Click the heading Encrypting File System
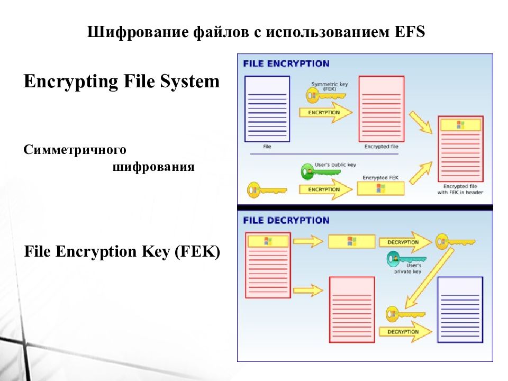(121, 81)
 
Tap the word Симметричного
(75, 150)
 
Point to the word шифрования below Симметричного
(154, 167)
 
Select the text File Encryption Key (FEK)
(122, 252)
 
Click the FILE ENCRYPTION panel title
(286, 63)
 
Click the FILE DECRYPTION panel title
(286, 220)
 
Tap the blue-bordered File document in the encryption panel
(267, 108)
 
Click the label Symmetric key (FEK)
(326, 86)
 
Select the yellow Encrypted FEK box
(380, 188)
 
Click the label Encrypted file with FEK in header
(460, 189)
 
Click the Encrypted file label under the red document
(381, 147)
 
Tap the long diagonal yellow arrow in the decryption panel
(429, 278)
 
